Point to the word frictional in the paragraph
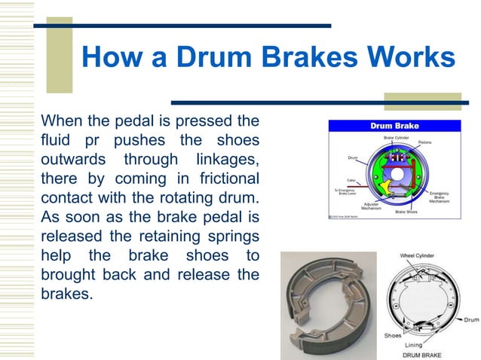222,179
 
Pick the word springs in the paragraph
234,238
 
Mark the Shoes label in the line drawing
393,335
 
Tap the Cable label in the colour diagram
351,181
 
